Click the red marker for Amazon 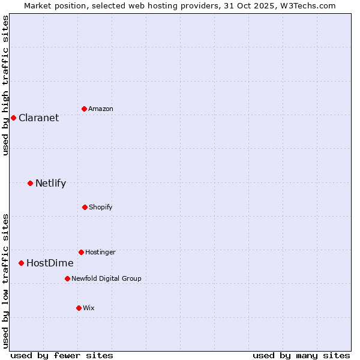(x=84, y=109)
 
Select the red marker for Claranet (x=13, y=118)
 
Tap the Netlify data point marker (x=30, y=183)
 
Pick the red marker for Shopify (x=85, y=207)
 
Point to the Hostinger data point (x=81, y=252)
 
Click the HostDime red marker (x=21, y=263)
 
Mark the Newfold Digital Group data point (x=67, y=278)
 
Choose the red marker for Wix (x=79, y=308)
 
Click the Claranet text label (x=38, y=118)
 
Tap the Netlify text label (x=50, y=183)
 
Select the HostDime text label (x=50, y=263)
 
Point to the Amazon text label (x=101, y=109)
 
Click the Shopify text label (x=101, y=207)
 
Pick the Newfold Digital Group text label (x=106, y=278)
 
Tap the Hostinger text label (x=100, y=252)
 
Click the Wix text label (x=89, y=308)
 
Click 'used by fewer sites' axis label (x=62, y=355)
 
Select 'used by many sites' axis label (x=301, y=355)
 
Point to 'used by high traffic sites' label (x=5, y=86)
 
